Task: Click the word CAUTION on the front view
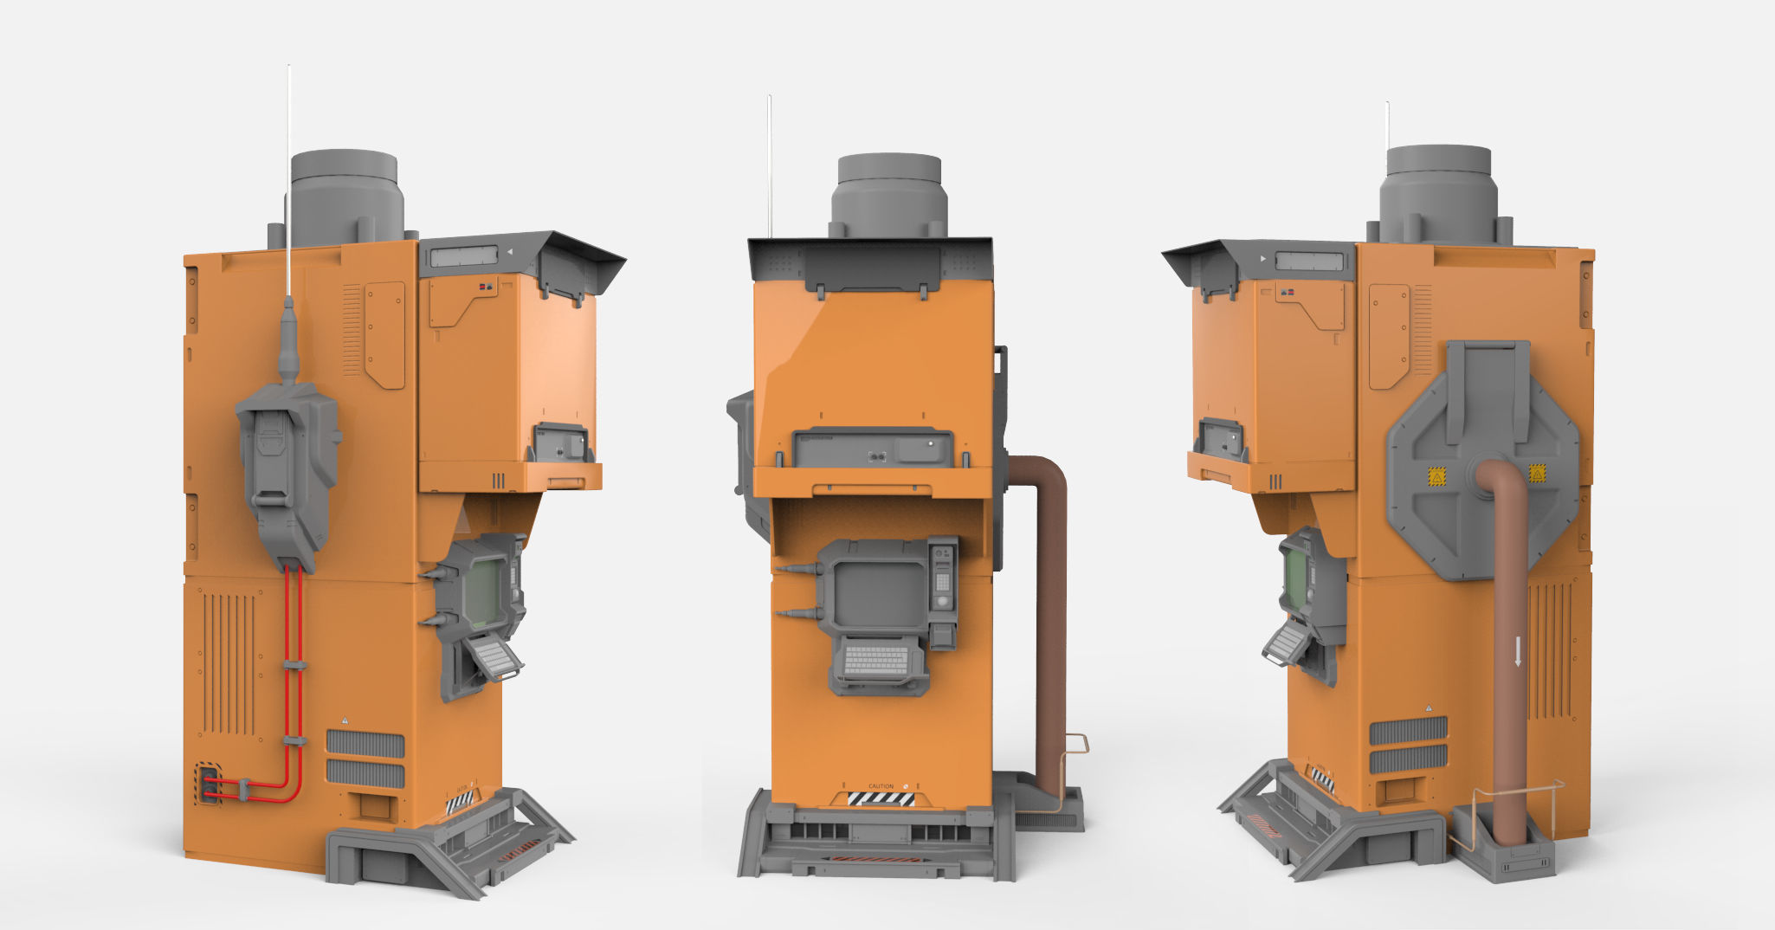(881, 786)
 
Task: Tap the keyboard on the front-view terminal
(877, 660)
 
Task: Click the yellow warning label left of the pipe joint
(1436, 475)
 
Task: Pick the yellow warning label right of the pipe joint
(1537, 473)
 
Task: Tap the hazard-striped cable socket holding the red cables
(208, 784)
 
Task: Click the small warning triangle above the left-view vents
(345, 720)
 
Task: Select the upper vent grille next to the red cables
(365, 743)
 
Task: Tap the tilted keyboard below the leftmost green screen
(494, 657)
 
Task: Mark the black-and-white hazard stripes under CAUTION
(881, 798)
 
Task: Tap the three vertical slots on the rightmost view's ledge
(1275, 481)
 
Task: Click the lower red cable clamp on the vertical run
(294, 741)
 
